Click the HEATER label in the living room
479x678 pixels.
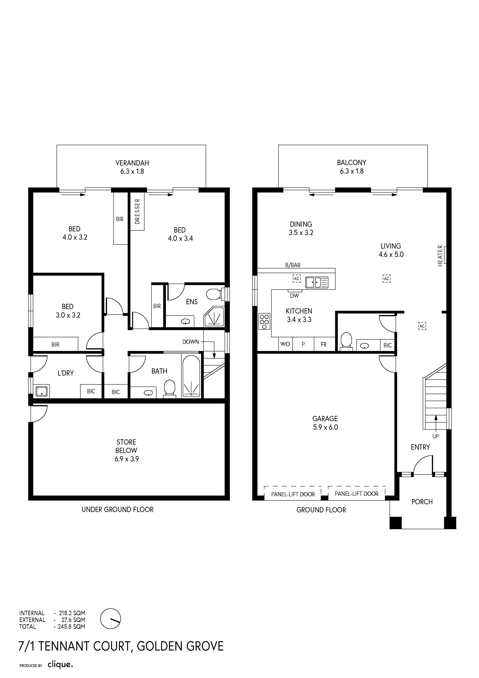(x=440, y=256)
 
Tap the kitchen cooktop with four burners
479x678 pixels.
(x=264, y=321)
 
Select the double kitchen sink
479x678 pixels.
(x=317, y=282)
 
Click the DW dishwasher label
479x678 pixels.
(x=294, y=296)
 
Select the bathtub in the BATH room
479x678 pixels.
(x=191, y=376)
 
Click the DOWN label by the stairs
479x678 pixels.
(x=191, y=342)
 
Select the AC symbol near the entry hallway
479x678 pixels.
(x=422, y=326)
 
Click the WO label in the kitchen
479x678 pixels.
(x=285, y=344)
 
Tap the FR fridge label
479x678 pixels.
(x=324, y=344)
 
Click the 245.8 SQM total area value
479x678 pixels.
(x=71, y=627)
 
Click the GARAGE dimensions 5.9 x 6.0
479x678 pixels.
(x=325, y=427)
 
